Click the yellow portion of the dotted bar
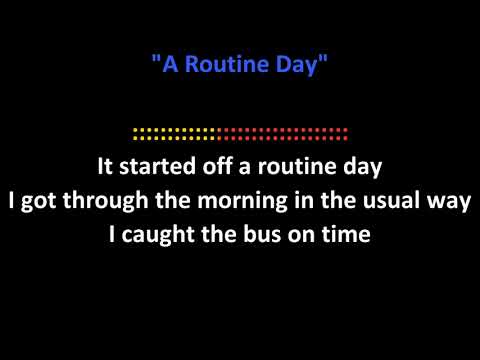pyautogui.click(x=174, y=131)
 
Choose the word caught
pyautogui.click(x=156, y=235)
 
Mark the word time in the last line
pyautogui.click(x=347, y=235)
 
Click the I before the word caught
pyautogui.click(x=111, y=235)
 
